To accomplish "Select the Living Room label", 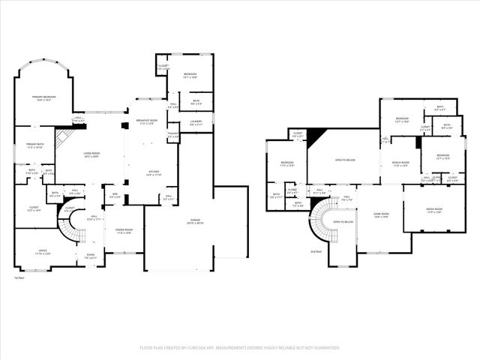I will (91, 154).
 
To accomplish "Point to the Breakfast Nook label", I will (146, 121).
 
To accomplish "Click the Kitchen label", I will (154, 172).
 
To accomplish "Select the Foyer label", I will (90, 256).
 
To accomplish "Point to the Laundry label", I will (196, 122).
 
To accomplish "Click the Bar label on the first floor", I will (115, 196).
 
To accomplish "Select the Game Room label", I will (381, 214).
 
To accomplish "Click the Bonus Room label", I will (400, 163).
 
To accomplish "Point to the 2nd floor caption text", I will (316, 252).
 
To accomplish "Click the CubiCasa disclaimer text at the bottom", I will (240, 348).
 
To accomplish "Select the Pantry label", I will (172, 136).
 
